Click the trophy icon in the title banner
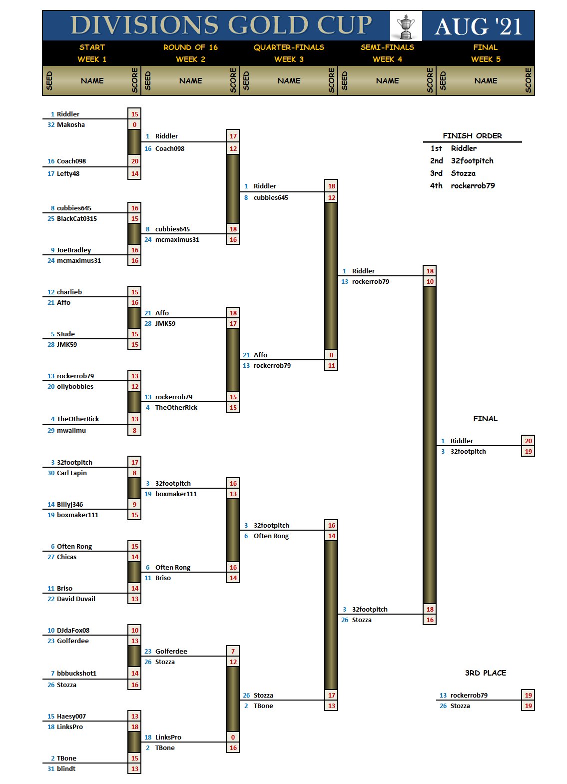[x=406, y=26]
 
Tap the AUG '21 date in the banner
[x=478, y=26]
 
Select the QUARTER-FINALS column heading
[x=289, y=47]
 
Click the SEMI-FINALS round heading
[x=387, y=47]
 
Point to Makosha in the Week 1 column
[x=70, y=125]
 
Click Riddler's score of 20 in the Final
[x=528, y=441]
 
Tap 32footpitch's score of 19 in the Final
[x=528, y=452]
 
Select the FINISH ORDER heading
[x=472, y=136]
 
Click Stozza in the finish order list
[x=463, y=173]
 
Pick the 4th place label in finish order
[x=436, y=186]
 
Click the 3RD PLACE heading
[x=485, y=673]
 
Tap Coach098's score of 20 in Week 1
[x=135, y=161]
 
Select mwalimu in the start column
[x=71, y=430]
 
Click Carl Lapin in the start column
[x=72, y=473]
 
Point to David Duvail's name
[x=76, y=599]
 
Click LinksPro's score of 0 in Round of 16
[x=233, y=738]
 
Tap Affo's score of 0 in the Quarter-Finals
[x=331, y=355]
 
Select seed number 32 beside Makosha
[x=51, y=125]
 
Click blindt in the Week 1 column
[x=66, y=769]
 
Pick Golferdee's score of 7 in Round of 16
[x=233, y=652]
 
